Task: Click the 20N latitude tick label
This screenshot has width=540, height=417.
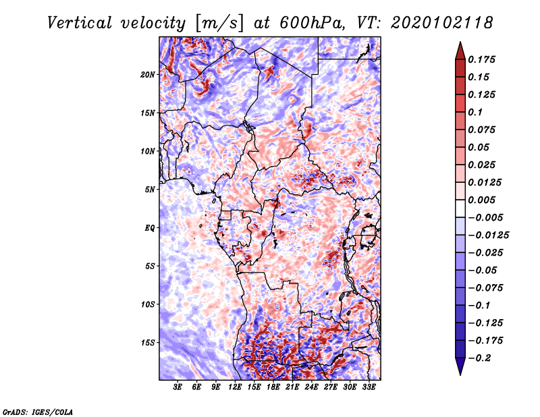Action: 148,75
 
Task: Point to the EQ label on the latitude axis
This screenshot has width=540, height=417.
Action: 149,228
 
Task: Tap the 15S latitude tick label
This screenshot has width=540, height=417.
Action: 148,343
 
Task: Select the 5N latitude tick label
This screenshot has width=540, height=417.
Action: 150,190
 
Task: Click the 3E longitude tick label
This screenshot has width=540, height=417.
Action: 178,387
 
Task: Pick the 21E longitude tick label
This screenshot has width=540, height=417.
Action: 292,387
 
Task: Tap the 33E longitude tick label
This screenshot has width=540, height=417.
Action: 369,387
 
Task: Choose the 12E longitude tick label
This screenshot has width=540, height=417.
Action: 235,387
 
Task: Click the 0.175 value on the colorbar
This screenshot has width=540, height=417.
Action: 481,59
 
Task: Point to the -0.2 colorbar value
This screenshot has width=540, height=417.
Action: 479,358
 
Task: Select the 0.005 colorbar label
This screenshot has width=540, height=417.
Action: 481,200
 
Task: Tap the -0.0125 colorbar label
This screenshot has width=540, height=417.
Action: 488,235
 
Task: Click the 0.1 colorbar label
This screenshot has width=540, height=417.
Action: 475,112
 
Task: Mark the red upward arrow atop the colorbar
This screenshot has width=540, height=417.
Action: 460,51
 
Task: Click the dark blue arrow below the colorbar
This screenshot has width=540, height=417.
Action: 460,366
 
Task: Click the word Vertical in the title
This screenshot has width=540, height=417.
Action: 80,23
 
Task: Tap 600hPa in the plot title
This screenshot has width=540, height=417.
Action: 313,23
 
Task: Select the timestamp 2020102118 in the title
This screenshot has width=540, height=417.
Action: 441,23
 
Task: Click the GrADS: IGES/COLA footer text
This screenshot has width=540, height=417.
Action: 38,412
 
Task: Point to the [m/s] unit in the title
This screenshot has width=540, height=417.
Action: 219,24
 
